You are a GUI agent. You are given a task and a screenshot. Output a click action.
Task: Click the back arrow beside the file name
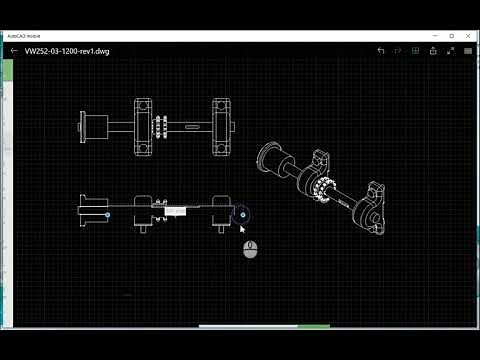[14, 50]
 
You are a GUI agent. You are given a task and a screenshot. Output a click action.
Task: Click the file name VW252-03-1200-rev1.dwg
[67, 50]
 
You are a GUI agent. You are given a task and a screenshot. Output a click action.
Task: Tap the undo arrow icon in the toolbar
[381, 50]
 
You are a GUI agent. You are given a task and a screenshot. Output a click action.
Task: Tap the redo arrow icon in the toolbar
[398, 50]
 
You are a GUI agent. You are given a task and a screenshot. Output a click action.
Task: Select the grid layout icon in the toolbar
[420, 50]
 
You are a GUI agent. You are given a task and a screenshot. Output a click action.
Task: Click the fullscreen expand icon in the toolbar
[444, 50]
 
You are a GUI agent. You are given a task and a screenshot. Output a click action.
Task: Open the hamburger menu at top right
[466, 50]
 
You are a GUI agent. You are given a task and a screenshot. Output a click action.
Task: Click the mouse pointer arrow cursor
[243, 229]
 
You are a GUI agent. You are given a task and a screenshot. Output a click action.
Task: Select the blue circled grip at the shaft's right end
[242, 214]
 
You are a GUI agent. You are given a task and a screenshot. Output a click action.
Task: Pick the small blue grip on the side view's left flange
[108, 214]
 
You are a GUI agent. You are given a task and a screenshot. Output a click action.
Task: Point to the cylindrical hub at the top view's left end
[96, 126]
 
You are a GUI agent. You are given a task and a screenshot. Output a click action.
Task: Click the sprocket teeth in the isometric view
[326, 189]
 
